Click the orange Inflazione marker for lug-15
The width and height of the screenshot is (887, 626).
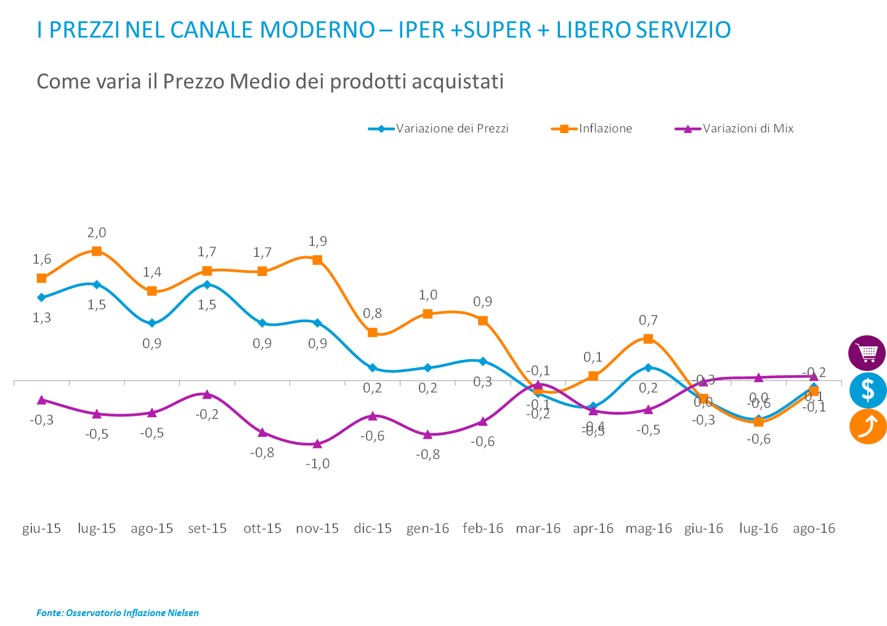pos(97,251)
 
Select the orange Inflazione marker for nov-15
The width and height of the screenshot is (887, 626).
pos(317,260)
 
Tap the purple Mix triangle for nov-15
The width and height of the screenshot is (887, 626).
pos(317,444)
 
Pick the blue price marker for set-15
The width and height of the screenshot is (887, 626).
pos(207,284)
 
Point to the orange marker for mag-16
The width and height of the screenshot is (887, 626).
pos(648,339)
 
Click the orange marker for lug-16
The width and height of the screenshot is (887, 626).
pos(758,422)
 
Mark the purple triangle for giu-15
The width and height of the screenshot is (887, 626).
pos(42,400)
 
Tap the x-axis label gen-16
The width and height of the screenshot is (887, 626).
pos(427,529)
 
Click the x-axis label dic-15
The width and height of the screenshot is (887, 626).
pos(373,529)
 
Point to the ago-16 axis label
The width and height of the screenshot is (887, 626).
pos(814,529)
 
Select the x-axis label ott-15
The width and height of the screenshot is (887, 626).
pos(262,529)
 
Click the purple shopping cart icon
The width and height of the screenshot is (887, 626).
pos(867,354)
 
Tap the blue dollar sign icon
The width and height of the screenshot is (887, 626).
pos(867,390)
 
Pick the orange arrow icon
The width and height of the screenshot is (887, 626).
pos(867,426)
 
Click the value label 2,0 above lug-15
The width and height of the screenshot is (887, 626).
pos(97,233)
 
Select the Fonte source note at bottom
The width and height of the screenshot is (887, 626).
pos(118,612)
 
